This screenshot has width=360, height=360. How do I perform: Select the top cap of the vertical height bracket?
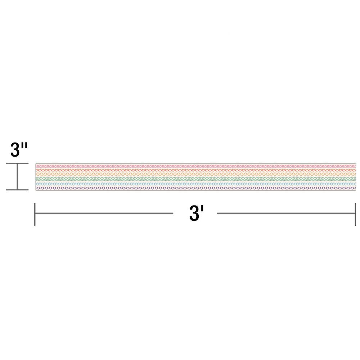click(17, 163)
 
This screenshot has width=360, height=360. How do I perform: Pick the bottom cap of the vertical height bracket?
click(17, 189)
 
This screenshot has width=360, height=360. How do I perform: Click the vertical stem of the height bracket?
click(17, 176)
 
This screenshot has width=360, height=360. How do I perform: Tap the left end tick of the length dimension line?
click(35, 214)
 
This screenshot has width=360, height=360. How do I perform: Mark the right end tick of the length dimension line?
click(355, 214)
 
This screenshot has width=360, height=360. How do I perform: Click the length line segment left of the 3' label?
click(104, 213)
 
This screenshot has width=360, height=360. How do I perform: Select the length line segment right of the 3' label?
click(286, 213)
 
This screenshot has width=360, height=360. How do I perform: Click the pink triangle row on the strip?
click(194, 166)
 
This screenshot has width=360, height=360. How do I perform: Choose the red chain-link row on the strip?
click(194, 170)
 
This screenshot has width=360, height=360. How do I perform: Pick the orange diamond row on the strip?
click(194, 174)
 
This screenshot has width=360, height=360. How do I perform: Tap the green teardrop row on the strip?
click(194, 179)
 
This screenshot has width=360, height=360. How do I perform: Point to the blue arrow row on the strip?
click(194, 184)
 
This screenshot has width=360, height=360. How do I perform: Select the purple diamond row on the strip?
click(194, 188)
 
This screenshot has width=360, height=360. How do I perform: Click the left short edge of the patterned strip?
click(36, 177)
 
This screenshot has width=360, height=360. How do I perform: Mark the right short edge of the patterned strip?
click(356, 177)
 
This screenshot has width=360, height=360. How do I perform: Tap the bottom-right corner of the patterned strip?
click(356, 190)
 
